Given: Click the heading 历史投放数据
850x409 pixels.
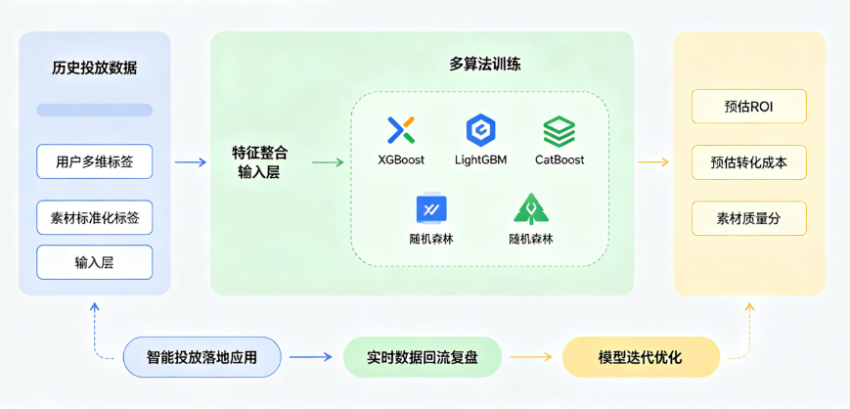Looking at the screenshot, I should [x=95, y=68].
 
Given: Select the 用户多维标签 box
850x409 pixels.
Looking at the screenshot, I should [x=95, y=161].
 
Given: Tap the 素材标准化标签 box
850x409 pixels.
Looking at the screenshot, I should [x=95, y=217].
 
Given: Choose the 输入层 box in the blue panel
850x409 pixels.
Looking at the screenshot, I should [x=95, y=262].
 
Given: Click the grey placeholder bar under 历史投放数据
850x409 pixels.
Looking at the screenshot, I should [x=95, y=111].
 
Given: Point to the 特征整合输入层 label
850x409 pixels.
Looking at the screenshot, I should [x=259, y=162].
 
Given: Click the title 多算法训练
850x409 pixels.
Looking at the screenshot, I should [x=485, y=66].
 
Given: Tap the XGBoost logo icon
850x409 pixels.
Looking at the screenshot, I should [x=401, y=130].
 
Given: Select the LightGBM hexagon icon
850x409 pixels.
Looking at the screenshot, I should [x=480, y=130].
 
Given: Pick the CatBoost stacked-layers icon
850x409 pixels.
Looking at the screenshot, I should [x=559, y=130].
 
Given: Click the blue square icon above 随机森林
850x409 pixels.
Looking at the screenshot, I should [x=431, y=208].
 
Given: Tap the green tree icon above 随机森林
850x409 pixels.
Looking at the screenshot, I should [x=530, y=208].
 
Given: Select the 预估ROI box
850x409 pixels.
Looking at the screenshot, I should [x=749, y=107].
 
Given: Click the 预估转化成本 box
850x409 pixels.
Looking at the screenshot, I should [x=749, y=162].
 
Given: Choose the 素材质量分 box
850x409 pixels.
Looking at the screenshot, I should [x=749, y=218].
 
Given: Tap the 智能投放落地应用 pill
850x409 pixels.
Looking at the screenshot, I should [x=202, y=358].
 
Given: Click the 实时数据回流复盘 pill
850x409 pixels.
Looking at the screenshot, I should [x=423, y=358].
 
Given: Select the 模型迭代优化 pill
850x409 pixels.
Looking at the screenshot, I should [x=641, y=358].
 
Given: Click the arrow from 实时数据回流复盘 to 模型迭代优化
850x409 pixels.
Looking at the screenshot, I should [x=532, y=358].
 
